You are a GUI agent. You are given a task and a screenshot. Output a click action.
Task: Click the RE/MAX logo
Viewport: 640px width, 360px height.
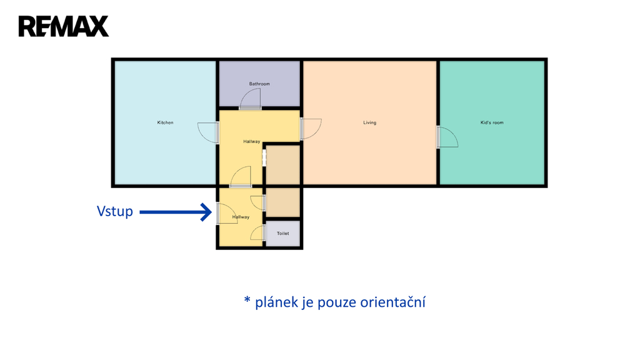click(x=63, y=26)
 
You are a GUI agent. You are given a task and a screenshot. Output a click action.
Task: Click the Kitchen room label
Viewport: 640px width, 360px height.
click(x=165, y=122)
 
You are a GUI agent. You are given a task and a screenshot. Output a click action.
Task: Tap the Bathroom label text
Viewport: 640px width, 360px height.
click(x=259, y=84)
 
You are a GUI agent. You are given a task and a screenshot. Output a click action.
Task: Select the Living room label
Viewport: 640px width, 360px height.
click(x=370, y=122)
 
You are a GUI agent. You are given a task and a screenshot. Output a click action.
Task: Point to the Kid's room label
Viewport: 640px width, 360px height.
click(x=492, y=122)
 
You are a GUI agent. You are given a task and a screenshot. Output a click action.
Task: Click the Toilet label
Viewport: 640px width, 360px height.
click(x=283, y=233)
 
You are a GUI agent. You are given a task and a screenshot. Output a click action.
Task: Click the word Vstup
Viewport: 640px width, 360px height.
click(x=115, y=211)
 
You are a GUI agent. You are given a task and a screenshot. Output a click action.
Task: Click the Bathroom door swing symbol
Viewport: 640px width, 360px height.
click(x=251, y=99)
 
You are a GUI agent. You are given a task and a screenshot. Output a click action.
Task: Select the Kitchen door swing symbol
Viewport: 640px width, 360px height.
click(x=207, y=132)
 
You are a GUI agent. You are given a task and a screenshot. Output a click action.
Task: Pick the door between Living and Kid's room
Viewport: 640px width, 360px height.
click(x=447, y=137)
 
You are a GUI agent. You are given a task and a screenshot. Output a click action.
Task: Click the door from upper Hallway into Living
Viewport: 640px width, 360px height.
click(x=311, y=128)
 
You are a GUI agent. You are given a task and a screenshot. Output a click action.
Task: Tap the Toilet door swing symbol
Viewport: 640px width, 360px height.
click(x=257, y=233)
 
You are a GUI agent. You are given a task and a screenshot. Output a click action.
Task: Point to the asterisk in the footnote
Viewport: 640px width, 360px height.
click(x=247, y=301)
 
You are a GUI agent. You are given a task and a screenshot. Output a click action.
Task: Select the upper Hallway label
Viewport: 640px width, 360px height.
click(x=252, y=142)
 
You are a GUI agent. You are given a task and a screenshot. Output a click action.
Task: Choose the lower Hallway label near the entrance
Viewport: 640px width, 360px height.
click(x=241, y=217)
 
